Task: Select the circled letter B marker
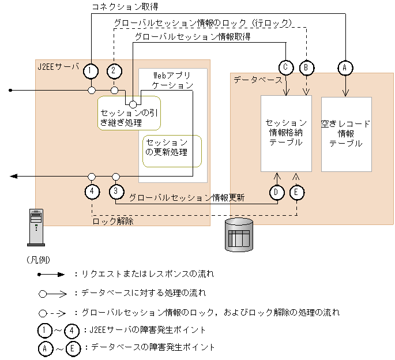[x=307, y=67]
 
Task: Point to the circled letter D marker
[x=277, y=192]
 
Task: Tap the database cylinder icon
[x=238, y=234]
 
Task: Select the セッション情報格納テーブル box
[x=286, y=133]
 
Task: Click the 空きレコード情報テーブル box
[x=346, y=134]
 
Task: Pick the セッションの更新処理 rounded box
[x=172, y=151]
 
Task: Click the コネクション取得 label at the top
[x=125, y=6]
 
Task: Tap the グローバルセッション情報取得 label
[x=193, y=36]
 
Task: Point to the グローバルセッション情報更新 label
[x=187, y=197]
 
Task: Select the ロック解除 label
[x=113, y=221]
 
